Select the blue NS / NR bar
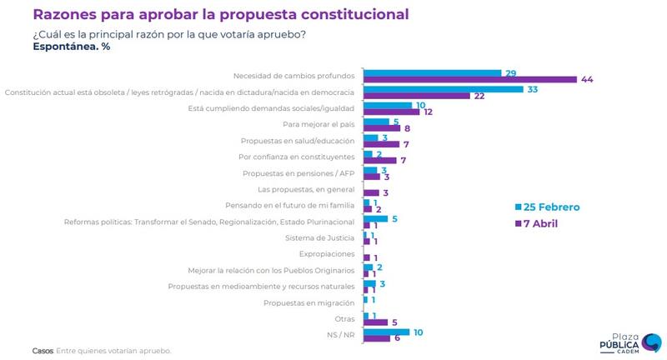386,332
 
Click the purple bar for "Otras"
375,322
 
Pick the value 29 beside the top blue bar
509,73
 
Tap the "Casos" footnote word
42,351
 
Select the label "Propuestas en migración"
309,302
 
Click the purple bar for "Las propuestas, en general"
372,192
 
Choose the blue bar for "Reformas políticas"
376,218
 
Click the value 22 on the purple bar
456,96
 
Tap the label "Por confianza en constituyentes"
297,156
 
